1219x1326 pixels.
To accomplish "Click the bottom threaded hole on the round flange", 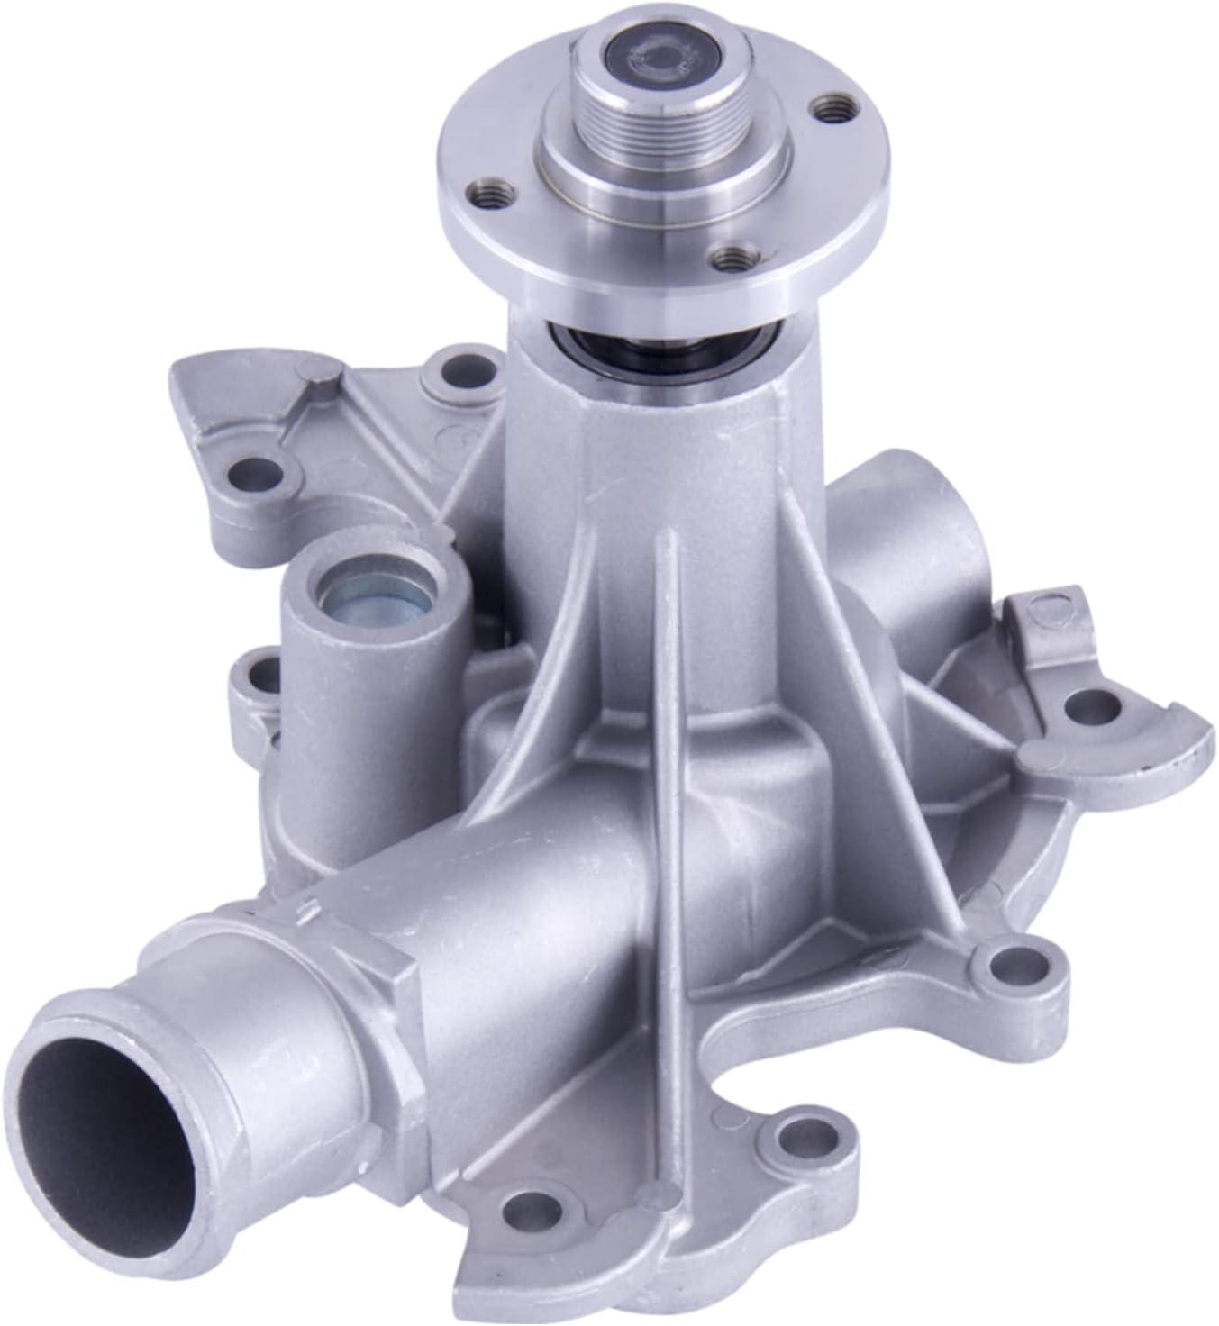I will [x=729, y=258].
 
